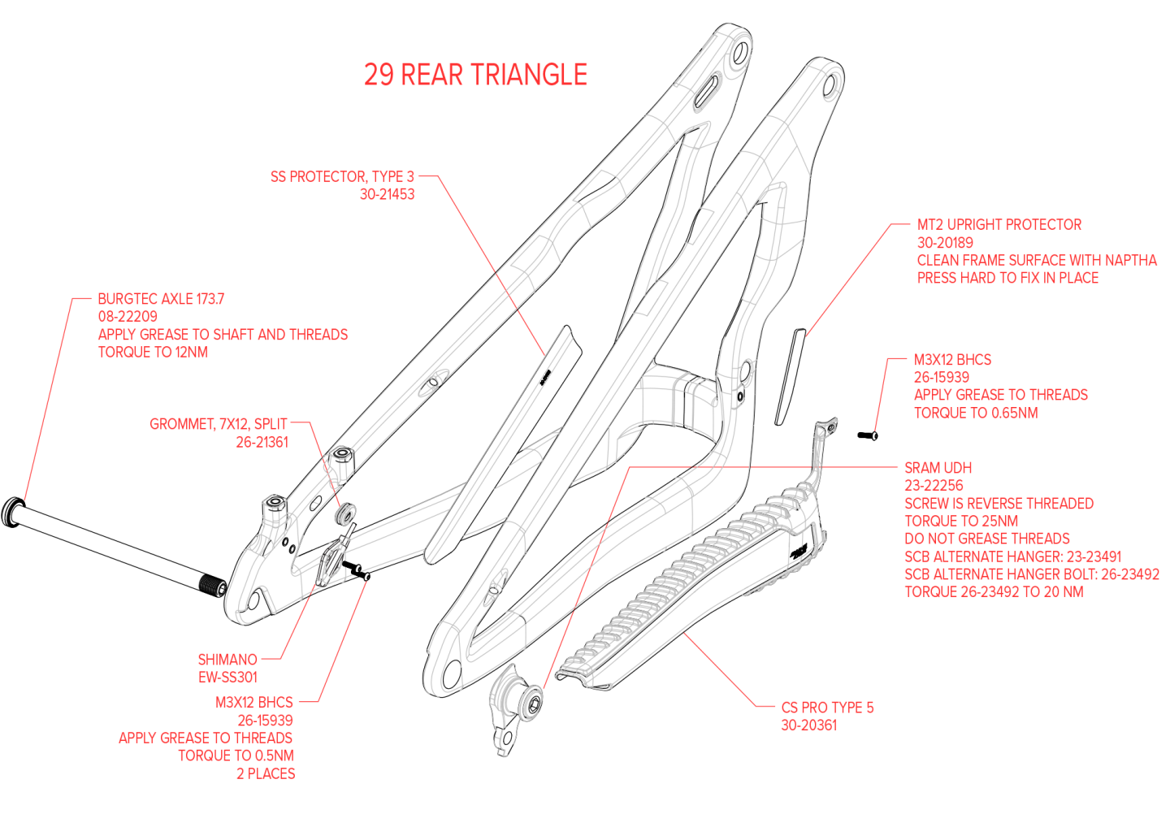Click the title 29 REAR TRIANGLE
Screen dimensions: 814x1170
tap(475, 75)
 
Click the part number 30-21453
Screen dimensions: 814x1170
tap(387, 194)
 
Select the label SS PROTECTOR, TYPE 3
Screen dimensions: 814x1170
tap(342, 176)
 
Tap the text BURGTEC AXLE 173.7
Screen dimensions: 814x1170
tap(161, 299)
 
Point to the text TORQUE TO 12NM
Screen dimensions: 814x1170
tap(153, 352)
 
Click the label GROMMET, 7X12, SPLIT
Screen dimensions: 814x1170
tap(219, 424)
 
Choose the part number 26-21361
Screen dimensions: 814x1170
tap(262, 442)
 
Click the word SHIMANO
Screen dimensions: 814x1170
tap(227, 660)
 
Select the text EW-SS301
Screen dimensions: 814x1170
tap(227, 678)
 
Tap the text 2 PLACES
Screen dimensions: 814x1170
tap(266, 773)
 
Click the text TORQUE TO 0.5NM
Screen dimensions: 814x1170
tap(236, 756)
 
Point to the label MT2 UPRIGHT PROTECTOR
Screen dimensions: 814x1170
tap(999, 225)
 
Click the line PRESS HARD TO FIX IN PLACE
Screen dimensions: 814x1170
tap(1007, 278)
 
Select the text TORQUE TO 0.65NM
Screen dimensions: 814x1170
tap(976, 413)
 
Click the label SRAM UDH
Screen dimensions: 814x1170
tap(938, 468)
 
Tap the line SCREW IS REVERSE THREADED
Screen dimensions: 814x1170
tap(999, 504)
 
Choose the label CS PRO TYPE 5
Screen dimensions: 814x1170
tap(827, 708)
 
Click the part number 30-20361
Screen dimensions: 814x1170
tap(808, 725)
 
